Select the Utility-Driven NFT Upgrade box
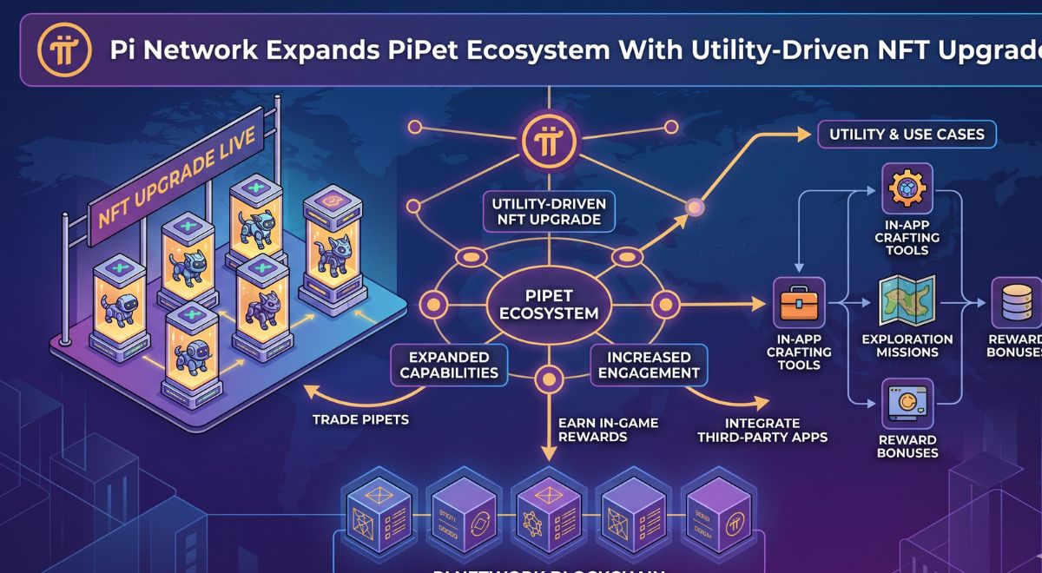click(x=549, y=211)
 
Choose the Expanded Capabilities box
click(x=449, y=365)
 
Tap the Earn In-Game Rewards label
click(x=607, y=429)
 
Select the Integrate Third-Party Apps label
click(x=762, y=429)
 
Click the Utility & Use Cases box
click(x=907, y=135)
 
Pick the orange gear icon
click(x=907, y=188)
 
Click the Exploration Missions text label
click(x=907, y=346)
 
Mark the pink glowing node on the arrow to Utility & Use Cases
click(x=694, y=207)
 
